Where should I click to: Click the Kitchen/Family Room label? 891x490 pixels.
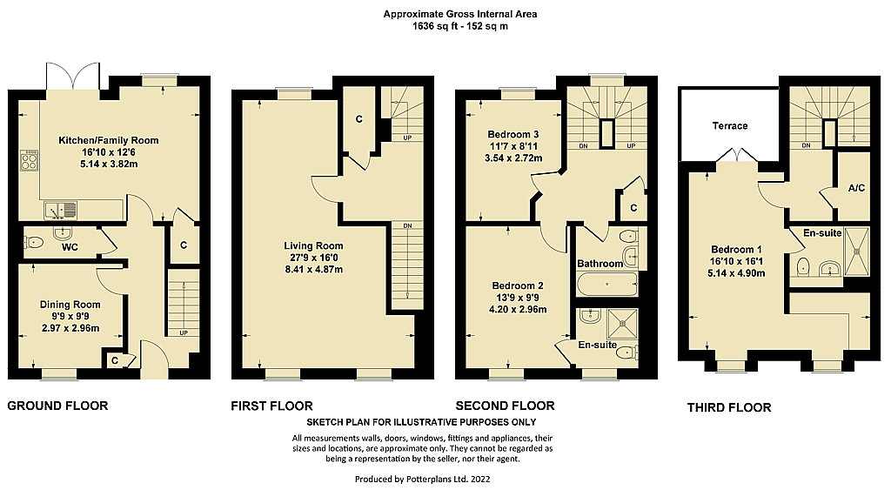tap(109, 140)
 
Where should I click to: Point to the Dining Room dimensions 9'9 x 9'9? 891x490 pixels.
tap(70, 316)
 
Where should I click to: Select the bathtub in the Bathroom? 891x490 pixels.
tap(606, 285)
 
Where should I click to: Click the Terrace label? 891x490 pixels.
tap(730, 126)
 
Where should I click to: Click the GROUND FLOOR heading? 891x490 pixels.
tap(57, 406)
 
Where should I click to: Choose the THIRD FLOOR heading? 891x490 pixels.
tap(729, 407)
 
